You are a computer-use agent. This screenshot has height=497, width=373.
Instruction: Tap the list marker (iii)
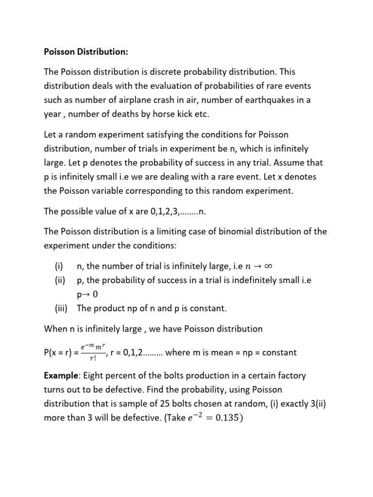point(62,308)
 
